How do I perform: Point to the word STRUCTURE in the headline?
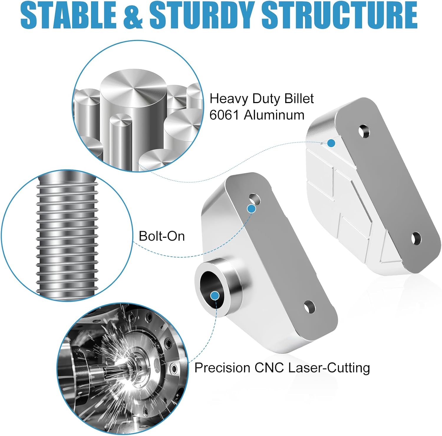[339, 15]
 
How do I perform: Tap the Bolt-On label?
[161, 236]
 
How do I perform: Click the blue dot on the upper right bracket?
[331, 143]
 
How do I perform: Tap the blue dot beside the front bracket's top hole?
[251, 209]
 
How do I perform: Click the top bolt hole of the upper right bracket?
[364, 131]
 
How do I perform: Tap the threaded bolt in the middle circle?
[67, 236]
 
